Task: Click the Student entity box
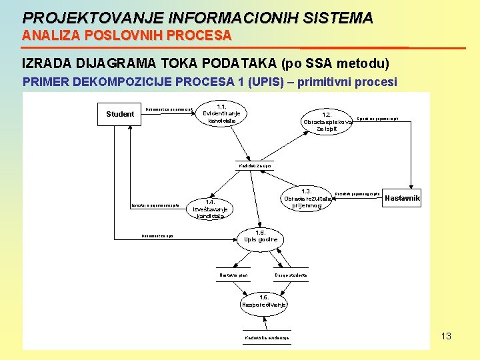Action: coord(120,114)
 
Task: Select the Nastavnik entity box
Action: coord(403,199)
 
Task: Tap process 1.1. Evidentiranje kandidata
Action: coord(221,113)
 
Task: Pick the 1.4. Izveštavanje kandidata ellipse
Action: coord(210,209)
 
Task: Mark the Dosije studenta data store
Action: coord(291,275)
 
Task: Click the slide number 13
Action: coord(446,336)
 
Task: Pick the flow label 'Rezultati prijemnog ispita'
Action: coord(357,194)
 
